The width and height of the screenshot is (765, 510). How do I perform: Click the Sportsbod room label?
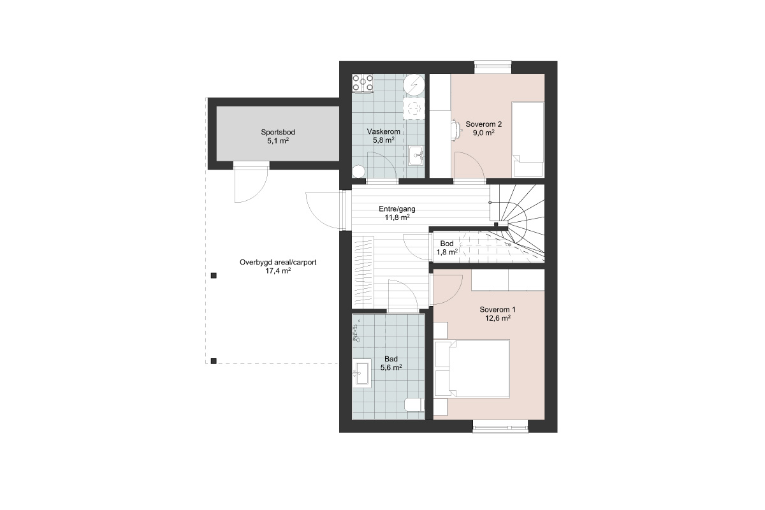click(x=278, y=132)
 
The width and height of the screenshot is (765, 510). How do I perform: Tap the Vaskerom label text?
click(x=384, y=131)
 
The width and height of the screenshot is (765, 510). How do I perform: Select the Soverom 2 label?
click(x=484, y=124)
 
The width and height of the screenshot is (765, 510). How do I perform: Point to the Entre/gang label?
click(x=397, y=208)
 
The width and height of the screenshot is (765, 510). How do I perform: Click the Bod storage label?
click(x=447, y=244)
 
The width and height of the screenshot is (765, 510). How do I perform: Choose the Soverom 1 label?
click(x=498, y=310)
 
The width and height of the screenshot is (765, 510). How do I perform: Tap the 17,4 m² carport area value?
click(x=278, y=271)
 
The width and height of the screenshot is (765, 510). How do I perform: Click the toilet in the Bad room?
click(x=414, y=405)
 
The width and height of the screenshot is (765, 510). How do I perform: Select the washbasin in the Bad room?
click(x=362, y=373)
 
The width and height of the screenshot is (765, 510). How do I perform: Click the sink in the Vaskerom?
click(x=416, y=156)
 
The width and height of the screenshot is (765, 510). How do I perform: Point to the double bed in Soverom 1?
click(x=472, y=368)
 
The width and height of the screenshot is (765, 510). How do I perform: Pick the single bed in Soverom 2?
click(x=528, y=140)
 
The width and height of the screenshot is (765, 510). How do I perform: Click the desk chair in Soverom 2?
click(x=455, y=130)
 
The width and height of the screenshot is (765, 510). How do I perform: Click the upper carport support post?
click(x=214, y=275)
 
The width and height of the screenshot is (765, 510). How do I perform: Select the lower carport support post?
click(x=214, y=361)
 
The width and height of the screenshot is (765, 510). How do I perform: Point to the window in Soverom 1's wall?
click(x=500, y=426)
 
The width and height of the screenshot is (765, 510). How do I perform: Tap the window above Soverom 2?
click(x=493, y=68)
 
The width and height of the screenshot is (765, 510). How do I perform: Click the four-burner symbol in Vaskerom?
click(x=363, y=84)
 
